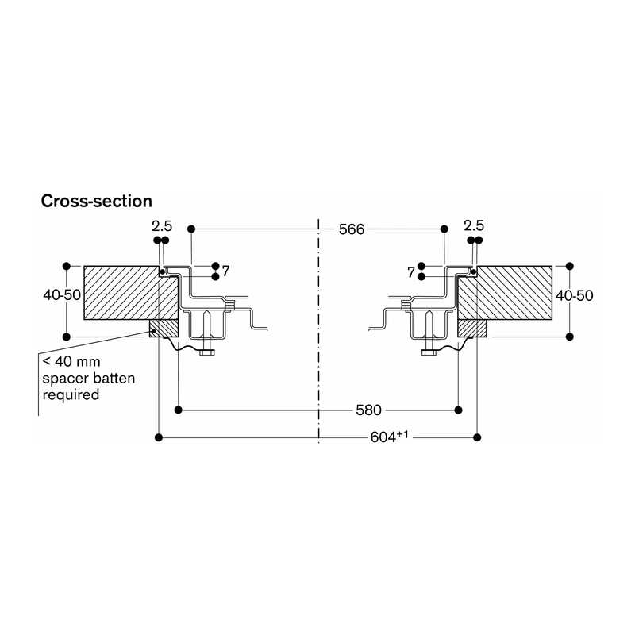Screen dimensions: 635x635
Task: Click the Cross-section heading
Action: click(96, 202)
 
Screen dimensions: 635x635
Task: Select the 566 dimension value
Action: click(352, 229)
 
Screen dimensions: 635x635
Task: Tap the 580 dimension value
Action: click(368, 410)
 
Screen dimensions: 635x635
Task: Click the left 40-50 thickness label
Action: click(62, 294)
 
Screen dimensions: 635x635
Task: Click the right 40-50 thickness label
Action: click(574, 295)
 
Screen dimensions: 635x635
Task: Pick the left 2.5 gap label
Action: click(162, 226)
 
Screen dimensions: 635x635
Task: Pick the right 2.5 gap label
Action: click(474, 225)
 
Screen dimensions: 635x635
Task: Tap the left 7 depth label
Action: click(226, 271)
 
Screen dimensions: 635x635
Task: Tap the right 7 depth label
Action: click(411, 272)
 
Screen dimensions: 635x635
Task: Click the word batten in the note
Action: click(114, 379)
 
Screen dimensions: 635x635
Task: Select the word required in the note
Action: click(71, 394)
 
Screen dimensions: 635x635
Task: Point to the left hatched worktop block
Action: click(131, 293)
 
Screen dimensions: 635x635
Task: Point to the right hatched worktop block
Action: click(505, 293)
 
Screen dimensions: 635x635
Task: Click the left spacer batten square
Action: click(164, 329)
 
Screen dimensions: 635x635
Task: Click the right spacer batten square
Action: click(471, 329)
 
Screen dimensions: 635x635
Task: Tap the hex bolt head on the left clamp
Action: click(207, 352)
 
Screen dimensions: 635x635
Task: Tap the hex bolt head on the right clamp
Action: click(429, 352)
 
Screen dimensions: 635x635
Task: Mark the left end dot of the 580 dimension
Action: click(178, 410)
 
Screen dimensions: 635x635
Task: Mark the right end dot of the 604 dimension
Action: click(477, 437)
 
